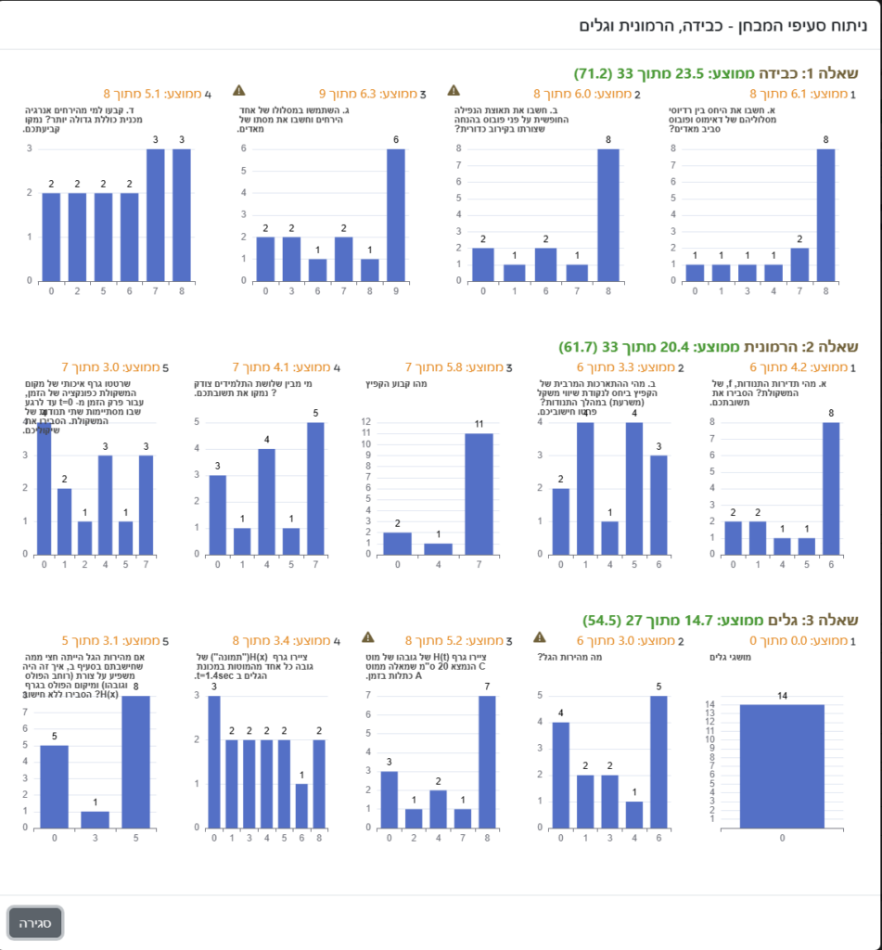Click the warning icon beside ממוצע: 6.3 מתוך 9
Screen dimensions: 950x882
coord(238,90)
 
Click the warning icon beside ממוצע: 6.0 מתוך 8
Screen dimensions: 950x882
coord(454,90)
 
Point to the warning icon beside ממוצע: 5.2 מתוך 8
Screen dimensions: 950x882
coord(367,637)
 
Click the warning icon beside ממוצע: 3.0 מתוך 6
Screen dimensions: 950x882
coord(541,637)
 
